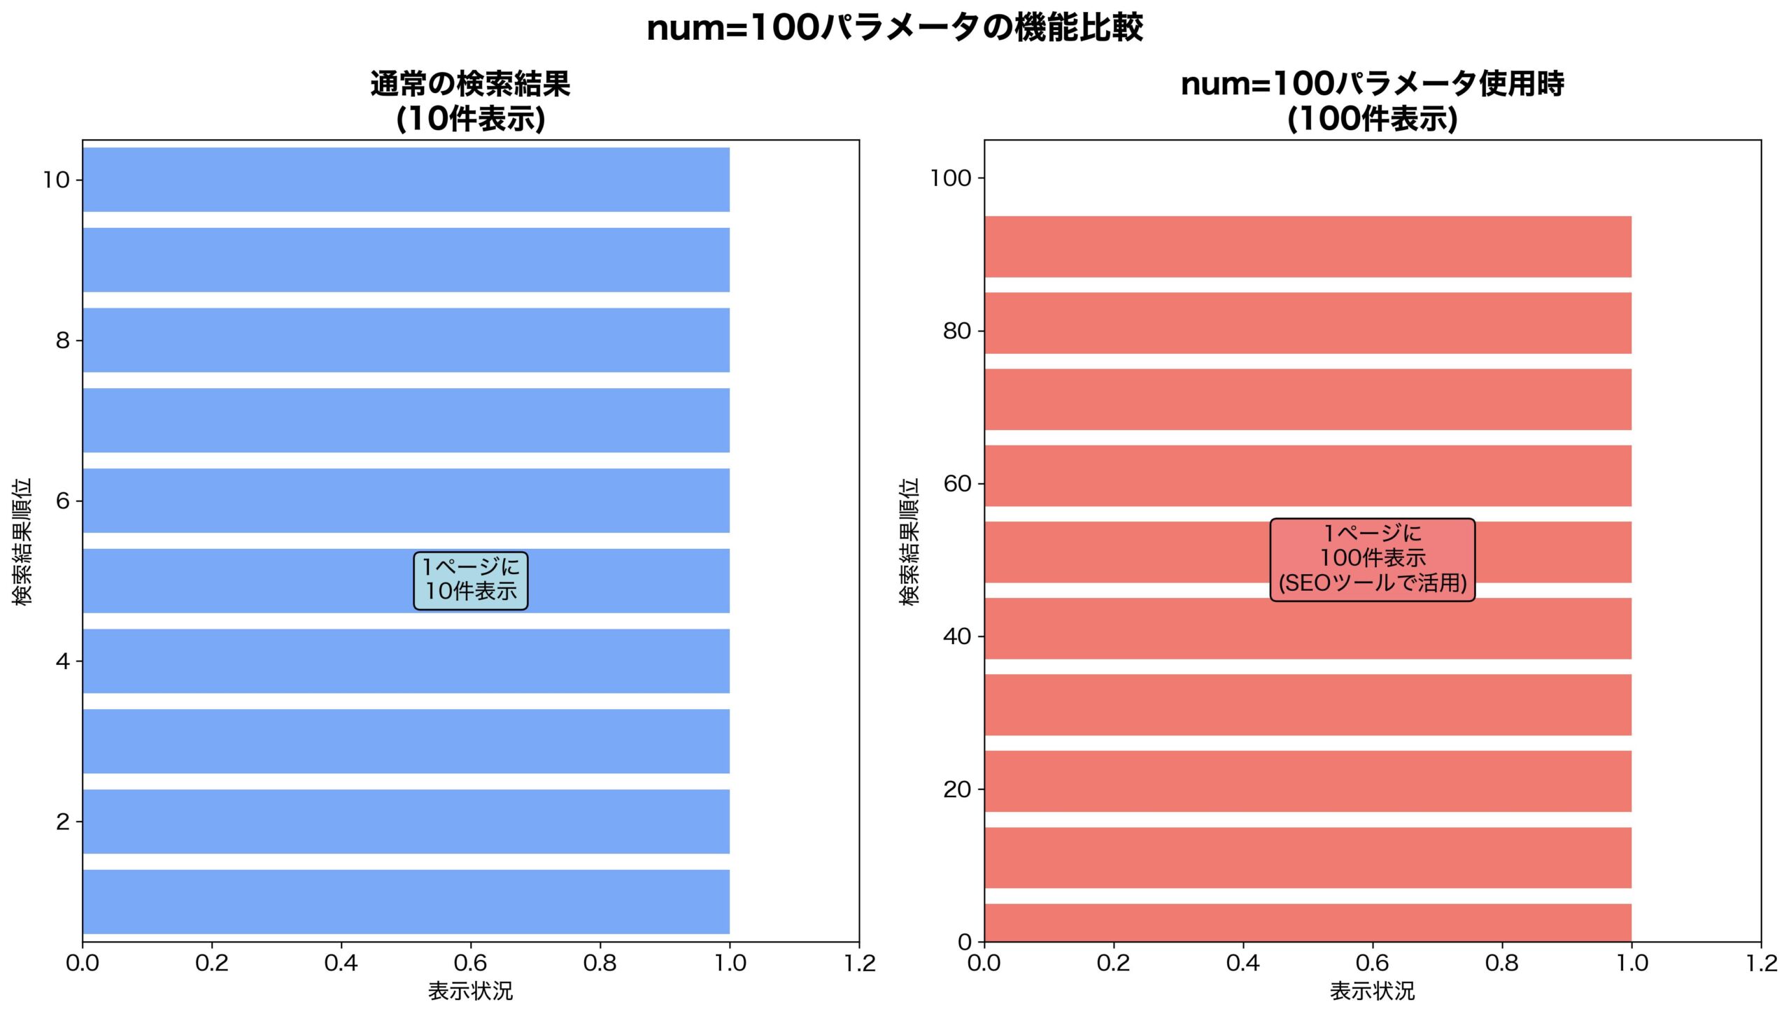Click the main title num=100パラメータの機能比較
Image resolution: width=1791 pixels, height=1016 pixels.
click(x=895, y=29)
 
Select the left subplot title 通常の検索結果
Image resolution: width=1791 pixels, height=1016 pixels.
click(x=470, y=84)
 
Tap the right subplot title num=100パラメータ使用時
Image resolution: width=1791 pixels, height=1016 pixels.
click(x=1372, y=84)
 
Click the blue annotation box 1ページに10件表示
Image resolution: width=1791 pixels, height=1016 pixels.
click(x=470, y=580)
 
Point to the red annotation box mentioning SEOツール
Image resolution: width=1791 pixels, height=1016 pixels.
click(x=1372, y=559)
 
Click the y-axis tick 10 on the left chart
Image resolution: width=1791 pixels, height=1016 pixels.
click(x=56, y=180)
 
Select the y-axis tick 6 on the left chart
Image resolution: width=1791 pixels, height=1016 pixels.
click(x=63, y=501)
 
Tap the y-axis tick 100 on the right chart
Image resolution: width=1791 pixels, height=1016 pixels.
click(x=951, y=178)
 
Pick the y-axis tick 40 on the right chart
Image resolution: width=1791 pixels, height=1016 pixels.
click(x=957, y=636)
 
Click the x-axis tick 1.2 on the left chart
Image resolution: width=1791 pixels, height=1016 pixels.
click(x=859, y=964)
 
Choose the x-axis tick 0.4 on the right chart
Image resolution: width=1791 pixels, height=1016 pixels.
click(x=1243, y=964)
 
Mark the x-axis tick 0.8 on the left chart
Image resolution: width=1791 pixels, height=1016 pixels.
click(x=600, y=964)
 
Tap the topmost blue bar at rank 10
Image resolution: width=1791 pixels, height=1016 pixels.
click(x=406, y=179)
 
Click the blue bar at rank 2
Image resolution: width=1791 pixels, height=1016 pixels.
click(x=406, y=821)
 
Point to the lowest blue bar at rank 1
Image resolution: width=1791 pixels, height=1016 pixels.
click(x=406, y=901)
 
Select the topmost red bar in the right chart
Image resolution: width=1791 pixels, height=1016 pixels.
click(x=1308, y=246)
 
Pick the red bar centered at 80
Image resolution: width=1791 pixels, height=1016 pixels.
click(x=1308, y=323)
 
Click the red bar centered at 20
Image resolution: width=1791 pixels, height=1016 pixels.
click(x=1308, y=781)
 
